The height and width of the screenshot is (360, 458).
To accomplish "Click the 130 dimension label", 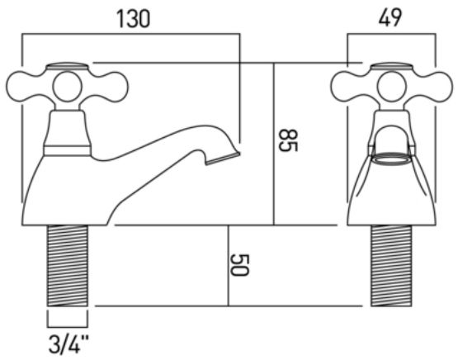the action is [x=133, y=19].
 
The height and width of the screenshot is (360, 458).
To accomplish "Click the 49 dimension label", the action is [x=390, y=17].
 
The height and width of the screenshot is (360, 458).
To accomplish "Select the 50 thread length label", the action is [x=239, y=265].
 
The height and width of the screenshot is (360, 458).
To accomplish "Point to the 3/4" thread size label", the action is [x=68, y=344].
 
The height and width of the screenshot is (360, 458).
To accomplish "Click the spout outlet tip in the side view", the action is [x=224, y=159].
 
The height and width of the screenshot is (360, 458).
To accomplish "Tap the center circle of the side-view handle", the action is [x=67, y=86].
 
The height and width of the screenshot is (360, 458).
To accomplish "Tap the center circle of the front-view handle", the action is [x=391, y=87].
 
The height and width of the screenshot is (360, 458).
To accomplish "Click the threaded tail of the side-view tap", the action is [x=67, y=266].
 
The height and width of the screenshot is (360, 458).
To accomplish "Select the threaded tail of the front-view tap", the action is [x=391, y=266].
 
